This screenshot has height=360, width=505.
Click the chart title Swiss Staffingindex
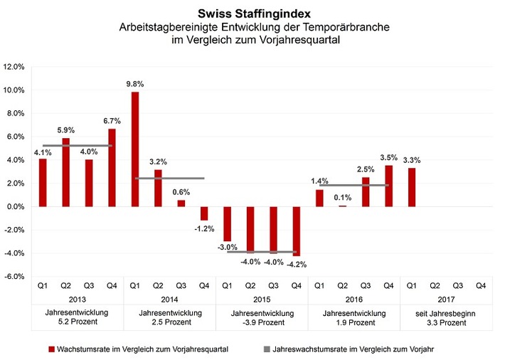pos(252,12)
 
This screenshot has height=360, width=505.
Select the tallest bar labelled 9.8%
pos(135,149)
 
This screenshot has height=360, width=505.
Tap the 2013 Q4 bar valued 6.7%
pos(112,168)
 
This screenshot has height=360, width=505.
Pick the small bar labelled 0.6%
pos(181,203)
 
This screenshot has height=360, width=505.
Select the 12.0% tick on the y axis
pos(15,67)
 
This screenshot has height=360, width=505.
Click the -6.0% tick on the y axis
pos(15,277)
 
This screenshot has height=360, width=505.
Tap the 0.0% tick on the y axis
pos(16,207)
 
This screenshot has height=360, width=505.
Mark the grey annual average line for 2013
pos(77,146)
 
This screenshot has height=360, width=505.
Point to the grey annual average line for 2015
pos(262,252)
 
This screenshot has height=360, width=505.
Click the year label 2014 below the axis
pos(169,299)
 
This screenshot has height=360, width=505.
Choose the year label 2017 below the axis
pos(446,299)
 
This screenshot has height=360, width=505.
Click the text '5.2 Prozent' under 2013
pos(77,322)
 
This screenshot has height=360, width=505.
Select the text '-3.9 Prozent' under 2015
pos(262,322)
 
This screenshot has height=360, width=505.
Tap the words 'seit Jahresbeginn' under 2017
pos(446,312)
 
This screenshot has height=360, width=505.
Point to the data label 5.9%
pos(66,129)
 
